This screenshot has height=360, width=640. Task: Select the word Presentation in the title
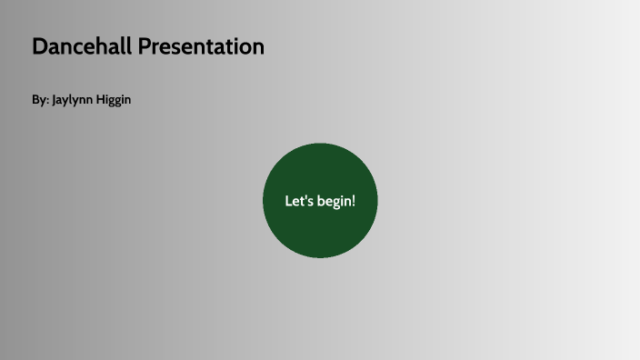tap(201, 46)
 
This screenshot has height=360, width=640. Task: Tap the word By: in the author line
tap(40, 100)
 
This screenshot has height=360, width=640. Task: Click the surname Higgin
tap(115, 100)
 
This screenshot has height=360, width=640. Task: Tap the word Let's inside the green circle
tap(298, 201)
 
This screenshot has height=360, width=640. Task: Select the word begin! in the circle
tap(335, 201)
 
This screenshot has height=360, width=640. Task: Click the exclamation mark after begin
tap(353, 201)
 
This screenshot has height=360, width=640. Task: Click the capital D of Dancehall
tap(39, 46)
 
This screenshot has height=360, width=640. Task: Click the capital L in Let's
tap(288, 201)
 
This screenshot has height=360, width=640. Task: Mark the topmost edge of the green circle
tap(320, 144)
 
